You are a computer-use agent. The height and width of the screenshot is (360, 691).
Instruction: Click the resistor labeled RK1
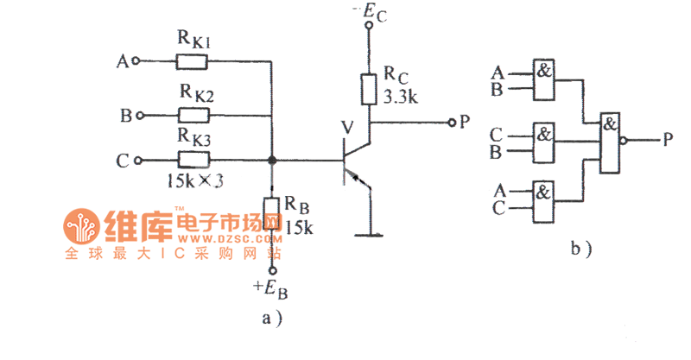(192, 61)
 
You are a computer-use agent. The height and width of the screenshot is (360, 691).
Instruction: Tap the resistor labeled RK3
(193, 160)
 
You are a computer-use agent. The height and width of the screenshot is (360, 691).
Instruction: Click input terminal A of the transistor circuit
(136, 61)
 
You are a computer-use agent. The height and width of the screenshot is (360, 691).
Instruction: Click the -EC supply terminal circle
(369, 27)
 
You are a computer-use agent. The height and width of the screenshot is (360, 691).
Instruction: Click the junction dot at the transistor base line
(272, 160)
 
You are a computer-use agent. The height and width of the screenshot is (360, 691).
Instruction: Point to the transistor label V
(347, 128)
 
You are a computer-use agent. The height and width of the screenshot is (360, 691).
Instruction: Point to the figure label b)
(581, 250)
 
